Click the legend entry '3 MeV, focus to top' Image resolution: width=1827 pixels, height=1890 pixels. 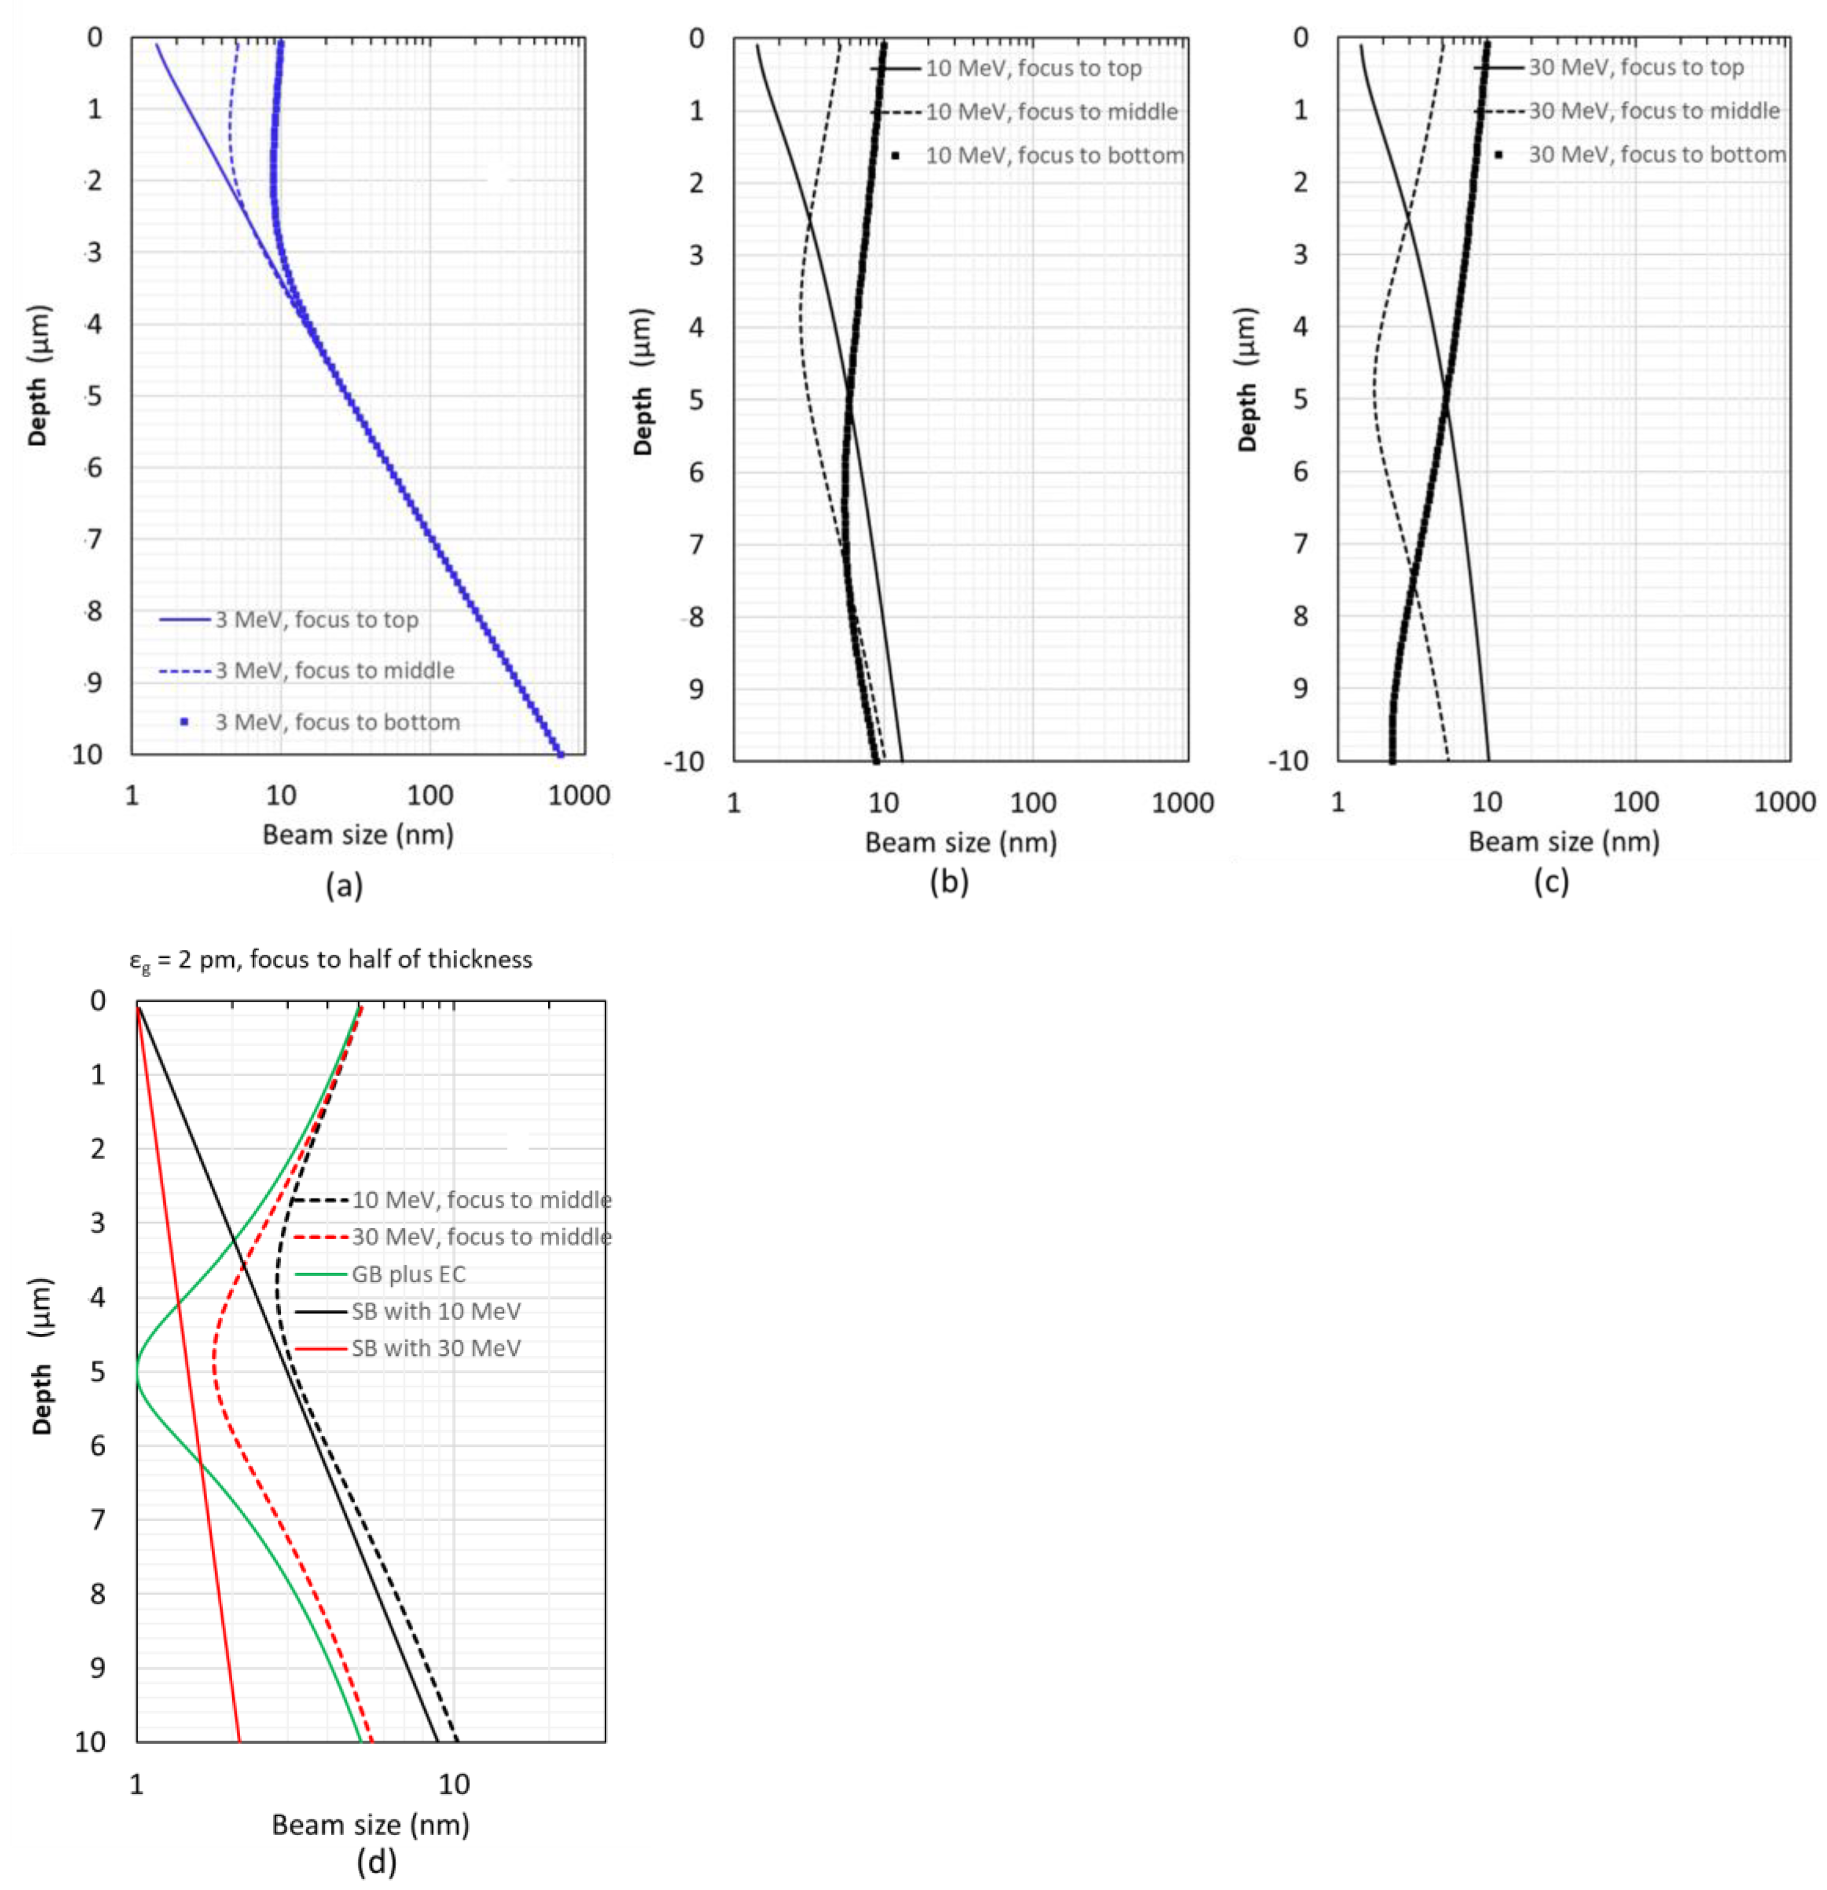point(316,620)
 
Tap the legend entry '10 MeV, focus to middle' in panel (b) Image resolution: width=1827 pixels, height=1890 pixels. point(1051,112)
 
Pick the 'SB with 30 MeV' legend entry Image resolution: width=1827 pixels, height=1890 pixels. point(436,1348)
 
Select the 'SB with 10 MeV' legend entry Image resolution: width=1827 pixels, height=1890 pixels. point(436,1311)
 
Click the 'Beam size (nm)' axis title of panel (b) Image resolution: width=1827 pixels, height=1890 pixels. point(960,843)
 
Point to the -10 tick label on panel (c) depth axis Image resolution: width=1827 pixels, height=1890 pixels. point(1288,761)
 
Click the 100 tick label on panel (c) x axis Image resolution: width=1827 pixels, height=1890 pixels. point(1636,802)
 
